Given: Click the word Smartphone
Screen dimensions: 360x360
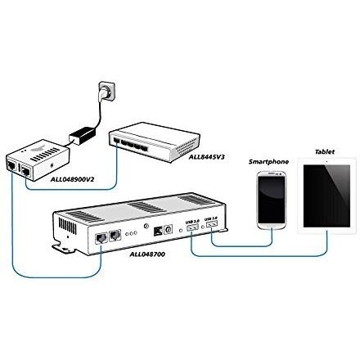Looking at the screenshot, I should tap(269, 161).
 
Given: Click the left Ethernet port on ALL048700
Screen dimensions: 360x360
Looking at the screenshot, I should tap(99, 238).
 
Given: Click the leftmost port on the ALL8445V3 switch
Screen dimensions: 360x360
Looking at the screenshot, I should tap(119, 142).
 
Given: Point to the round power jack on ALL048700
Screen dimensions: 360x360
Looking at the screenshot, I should tap(169, 231).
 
